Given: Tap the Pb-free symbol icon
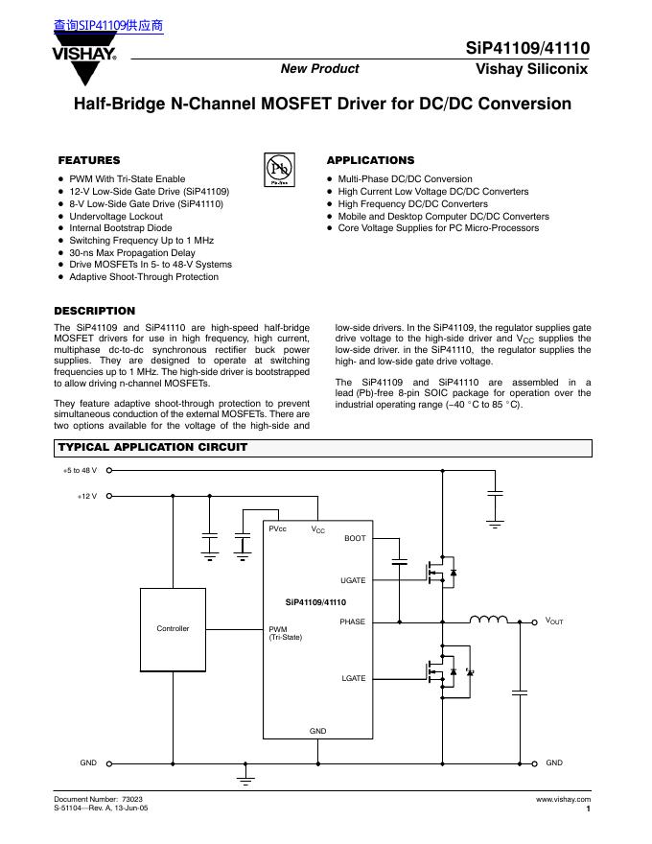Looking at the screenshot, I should pyautogui.click(x=279, y=168).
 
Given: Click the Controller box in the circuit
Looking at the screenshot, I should pyautogui.click(x=173, y=628).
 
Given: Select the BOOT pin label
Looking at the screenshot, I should pyautogui.click(x=355, y=539).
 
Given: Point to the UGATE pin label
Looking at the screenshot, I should pyautogui.click(x=353, y=581).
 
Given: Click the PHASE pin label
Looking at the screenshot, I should pyautogui.click(x=353, y=622).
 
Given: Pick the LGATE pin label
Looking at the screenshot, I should pyautogui.click(x=354, y=678).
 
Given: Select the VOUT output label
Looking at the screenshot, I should pyautogui.click(x=554, y=621).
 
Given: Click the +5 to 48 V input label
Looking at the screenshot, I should pyautogui.click(x=80, y=471).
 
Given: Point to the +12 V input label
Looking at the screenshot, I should pyautogui.click(x=87, y=496).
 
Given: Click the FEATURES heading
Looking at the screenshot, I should pyautogui.click(x=89, y=160).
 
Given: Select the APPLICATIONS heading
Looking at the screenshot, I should pyautogui.click(x=370, y=160).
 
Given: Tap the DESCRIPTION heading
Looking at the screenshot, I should pyautogui.click(x=95, y=311).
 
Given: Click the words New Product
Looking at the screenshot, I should pyautogui.click(x=319, y=69).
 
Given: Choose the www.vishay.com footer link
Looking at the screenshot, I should pyautogui.click(x=564, y=799).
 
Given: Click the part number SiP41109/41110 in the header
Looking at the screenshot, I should pyautogui.click(x=528, y=47).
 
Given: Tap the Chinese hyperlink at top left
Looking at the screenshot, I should pyautogui.click(x=108, y=26).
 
